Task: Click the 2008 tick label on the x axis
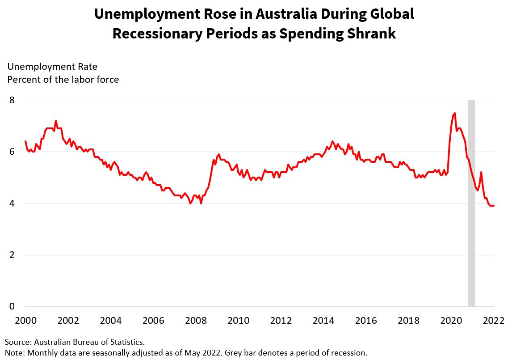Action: [196, 321]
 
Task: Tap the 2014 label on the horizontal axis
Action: [323, 321]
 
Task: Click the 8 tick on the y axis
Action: [12, 100]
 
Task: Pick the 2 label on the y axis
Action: [12, 255]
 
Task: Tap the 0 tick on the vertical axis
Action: [12, 307]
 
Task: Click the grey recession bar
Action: [471, 203]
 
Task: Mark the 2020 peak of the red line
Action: [454, 113]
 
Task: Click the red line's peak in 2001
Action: [56, 121]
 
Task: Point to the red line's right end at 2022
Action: [494, 206]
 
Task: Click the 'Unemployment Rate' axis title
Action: [52, 67]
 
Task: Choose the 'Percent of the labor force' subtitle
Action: [63, 80]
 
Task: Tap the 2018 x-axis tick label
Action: [408, 321]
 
